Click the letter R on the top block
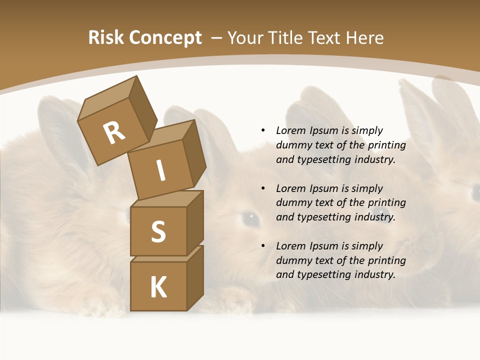coord(114,132)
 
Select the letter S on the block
coord(158,231)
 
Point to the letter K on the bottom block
coord(158,287)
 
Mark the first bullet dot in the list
coord(263,130)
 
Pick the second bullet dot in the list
coord(263,188)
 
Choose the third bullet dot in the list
coord(263,246)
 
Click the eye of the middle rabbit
coord(250,217)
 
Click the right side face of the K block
coord(195,277)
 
